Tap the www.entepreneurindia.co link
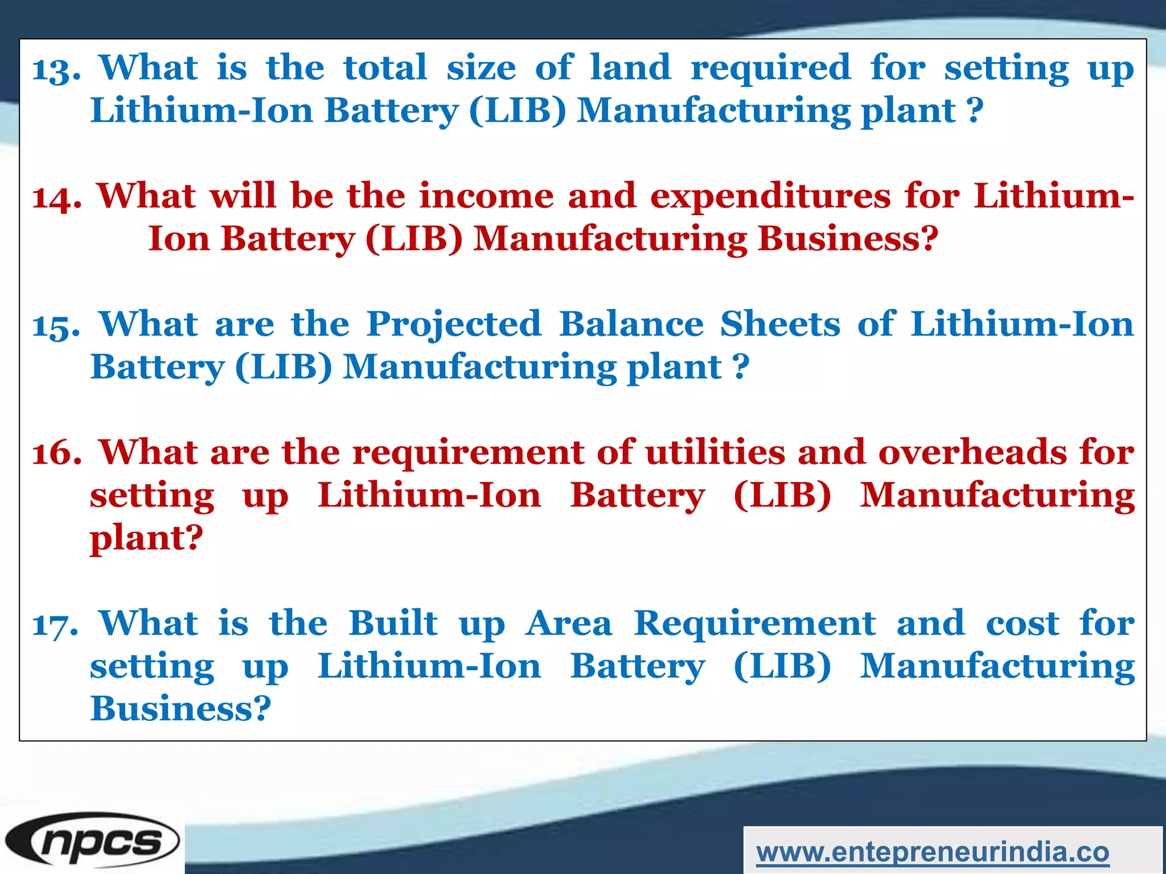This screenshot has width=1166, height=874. point(933,852)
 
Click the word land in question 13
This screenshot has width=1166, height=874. point(630,68)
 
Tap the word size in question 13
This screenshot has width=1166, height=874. point(481,68)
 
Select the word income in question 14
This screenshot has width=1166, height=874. point(487,196)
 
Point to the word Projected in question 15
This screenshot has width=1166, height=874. point(454,325)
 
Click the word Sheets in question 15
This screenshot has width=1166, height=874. point(780,324)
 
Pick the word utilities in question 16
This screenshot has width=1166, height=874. point(716,452)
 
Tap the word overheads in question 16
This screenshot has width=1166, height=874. point(972,452)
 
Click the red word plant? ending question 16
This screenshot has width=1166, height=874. point(146,538)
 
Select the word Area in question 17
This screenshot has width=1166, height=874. point(569,624)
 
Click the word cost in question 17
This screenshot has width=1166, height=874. point(1023,624)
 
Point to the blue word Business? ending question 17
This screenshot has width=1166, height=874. point(180,709)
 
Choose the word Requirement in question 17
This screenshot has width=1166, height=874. point(755,624)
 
